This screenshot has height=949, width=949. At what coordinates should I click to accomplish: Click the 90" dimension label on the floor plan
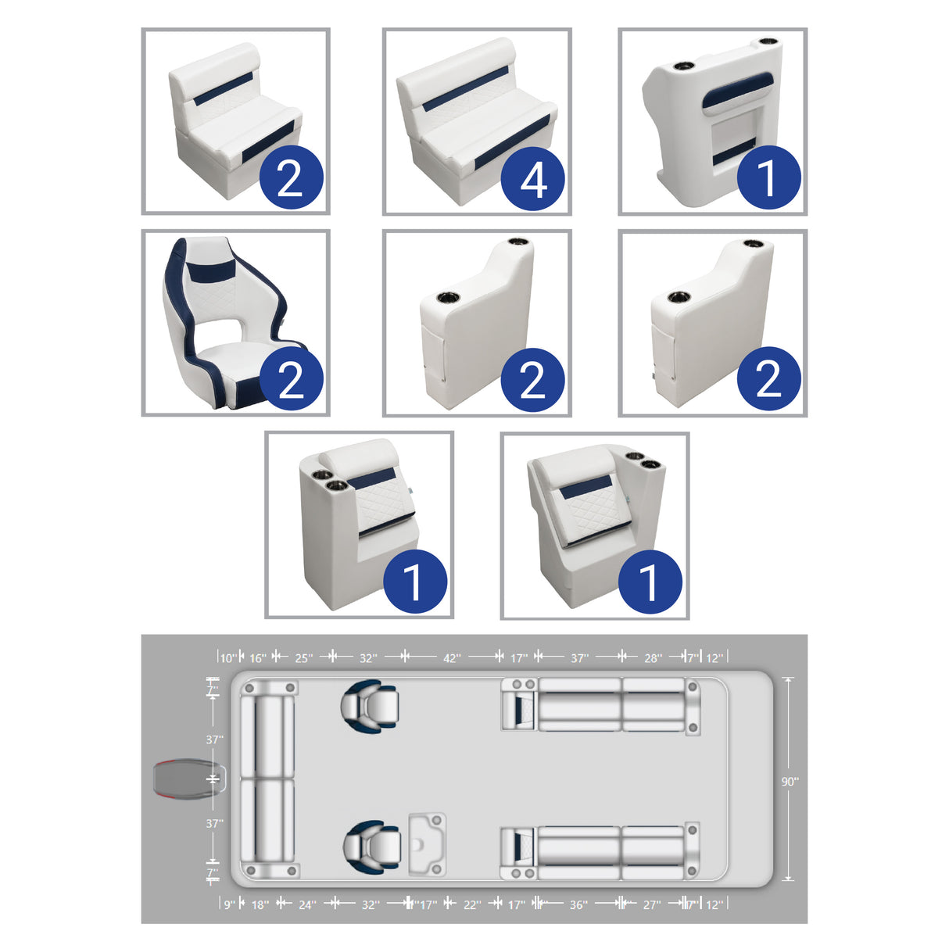pyautogui.click(x=790, y=781)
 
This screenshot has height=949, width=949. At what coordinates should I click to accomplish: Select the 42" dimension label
pyautogui.click(x=452, y=658)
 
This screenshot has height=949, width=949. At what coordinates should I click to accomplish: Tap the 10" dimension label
pyautogui.click(x=227, y=658)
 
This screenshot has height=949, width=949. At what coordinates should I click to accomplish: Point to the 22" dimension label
pyautogui.click(x=472, y=904)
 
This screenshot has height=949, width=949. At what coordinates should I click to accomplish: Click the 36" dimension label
pyautogui.click(x=578, y=904)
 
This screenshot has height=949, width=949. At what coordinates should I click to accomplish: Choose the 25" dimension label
pyautogui.click(x=303, y=658)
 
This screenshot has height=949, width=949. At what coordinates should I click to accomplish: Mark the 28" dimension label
pyautogui.click(x=653, y=658)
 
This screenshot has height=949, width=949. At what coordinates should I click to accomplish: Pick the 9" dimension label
pyautogui.click(x=229, y=904)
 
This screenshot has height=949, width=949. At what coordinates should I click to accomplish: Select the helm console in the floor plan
pyautogui.click(x=427, y=844)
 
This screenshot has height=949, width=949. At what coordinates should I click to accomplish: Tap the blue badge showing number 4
pyautogui.click(x=533, y=179)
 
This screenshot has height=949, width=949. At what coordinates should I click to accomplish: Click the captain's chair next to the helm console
pyautogui.click(x=372, y=846)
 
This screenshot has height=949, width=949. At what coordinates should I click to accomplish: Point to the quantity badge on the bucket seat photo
pyautogui.click(x=290, y=380)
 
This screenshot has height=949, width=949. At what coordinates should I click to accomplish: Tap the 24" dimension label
pyautogui.click(x=307, y=904)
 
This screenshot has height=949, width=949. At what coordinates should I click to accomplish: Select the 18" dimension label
pyautogui.click(x=260, y=904)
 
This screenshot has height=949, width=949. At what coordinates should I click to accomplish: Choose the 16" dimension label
pyautogui.click(x=258, y=658)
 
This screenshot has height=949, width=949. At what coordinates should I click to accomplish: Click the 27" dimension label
pyautogui.click(x=651, y=904)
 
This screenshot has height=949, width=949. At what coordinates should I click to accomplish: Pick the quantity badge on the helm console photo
pyautogui.click(x=768, y=177)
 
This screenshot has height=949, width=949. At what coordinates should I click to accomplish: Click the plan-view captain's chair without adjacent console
pyautogui.click(x=370, y=706)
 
